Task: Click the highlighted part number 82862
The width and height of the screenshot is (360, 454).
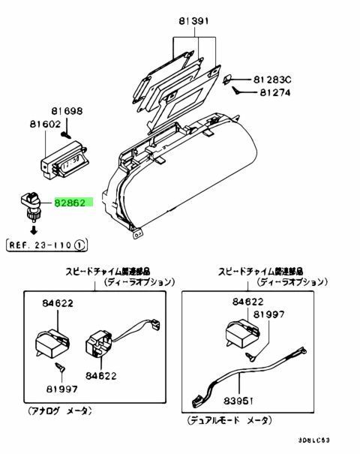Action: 72,203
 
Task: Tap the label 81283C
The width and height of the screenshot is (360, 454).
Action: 274,79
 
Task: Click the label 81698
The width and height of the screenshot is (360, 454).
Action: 70,111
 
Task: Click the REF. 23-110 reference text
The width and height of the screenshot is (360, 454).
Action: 40,244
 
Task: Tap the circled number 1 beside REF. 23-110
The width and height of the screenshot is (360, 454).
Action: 79,244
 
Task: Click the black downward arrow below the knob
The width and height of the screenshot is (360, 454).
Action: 32,229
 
